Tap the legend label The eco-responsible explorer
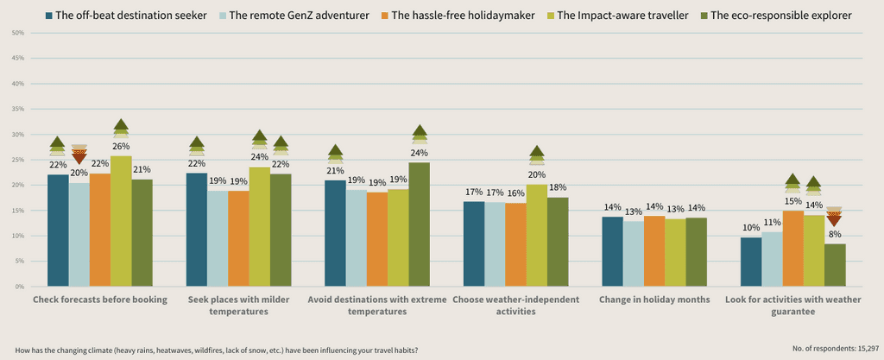tap(781, 16)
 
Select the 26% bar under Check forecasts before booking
tap(121, 221)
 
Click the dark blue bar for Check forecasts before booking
tap(58, 231)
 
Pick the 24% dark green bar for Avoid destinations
tap(420, 224)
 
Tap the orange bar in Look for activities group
tap(792, 249)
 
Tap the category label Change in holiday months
tap(654, 300)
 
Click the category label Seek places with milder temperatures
tap(238, 305)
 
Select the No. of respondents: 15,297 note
tap(836, 350)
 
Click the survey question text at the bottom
tap(217, 350)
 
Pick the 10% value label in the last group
tap(751, 228)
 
